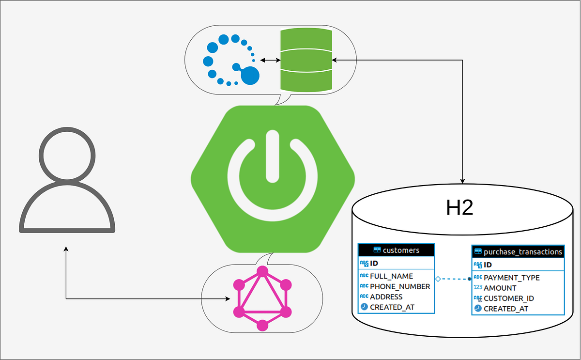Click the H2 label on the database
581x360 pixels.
point(459,208)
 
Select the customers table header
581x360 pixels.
point(397,250)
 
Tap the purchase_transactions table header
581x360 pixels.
point(518,251)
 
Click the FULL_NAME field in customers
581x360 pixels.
point(391,276)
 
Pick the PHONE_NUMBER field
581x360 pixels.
point(399,286)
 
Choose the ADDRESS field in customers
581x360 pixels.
point(386,297)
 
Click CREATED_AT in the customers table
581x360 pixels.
point(392,307)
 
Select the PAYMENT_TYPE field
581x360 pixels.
point(511,278)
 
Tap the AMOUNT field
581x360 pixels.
point(500,288)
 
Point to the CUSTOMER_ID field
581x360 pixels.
point(509,298)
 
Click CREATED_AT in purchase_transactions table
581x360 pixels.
point(506,309)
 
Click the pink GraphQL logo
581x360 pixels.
point(262,298)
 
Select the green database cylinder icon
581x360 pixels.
point(306,60)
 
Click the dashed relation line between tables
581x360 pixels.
point(454,279)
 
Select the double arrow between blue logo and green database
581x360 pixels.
point(270,60)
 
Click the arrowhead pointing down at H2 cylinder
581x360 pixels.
point(463,181)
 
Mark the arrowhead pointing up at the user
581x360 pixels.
point(66,249)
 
